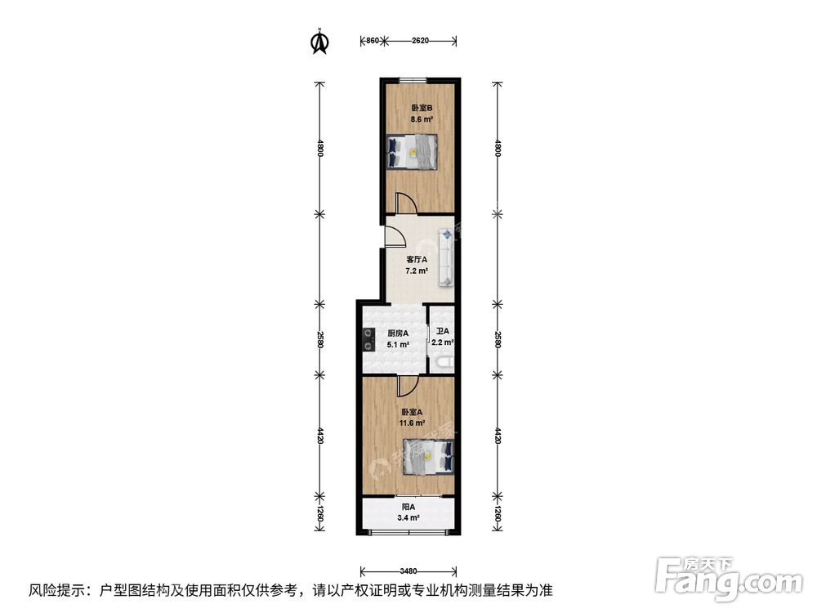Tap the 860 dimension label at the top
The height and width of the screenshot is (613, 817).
pos(371,39)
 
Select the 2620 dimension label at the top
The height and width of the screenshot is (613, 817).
pos(420,39)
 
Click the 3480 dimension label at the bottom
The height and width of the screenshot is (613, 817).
pos(409,570)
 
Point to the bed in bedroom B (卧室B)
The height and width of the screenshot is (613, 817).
pos(412,151)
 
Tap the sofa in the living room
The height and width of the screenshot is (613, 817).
pos(448,257)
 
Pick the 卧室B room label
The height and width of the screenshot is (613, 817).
pos(422,108)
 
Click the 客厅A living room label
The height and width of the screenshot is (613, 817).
pos(417,260)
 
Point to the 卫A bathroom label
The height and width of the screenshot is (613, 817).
pos(442,332)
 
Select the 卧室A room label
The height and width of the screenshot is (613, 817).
pos(411,412)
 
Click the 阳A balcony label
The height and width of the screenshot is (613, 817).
pos(408,507)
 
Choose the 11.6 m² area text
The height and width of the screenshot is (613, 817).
pos(412,423)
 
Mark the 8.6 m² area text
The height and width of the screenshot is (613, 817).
pos(422,119)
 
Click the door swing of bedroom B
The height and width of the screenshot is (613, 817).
pos(404,203)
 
